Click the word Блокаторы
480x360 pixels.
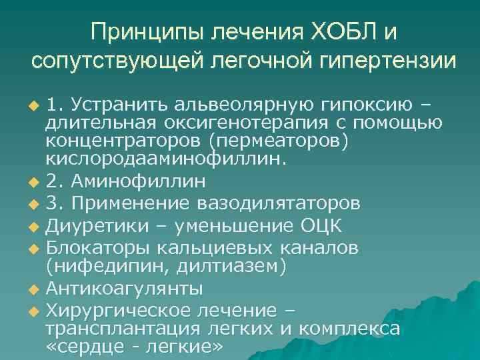[98, 247]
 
